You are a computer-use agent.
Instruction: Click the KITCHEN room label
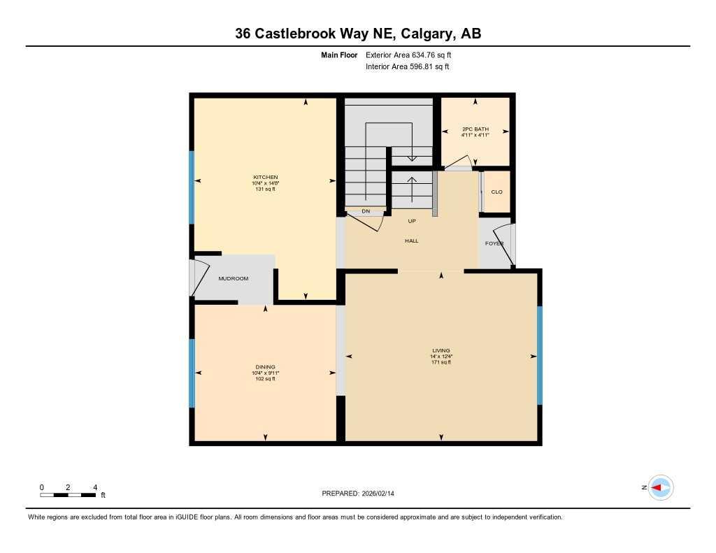[x=266, y=177]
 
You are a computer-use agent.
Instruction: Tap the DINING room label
[x=265, y=367]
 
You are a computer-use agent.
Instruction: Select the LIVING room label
[x=441, y=350]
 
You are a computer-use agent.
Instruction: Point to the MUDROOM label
[x=234, y=278]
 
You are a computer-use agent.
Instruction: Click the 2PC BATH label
[x=475, y=129]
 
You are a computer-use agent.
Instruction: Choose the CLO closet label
[x=496, y=192]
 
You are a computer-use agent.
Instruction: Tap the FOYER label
[x=495, y=243]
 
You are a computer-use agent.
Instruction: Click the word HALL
[x=411, y=240]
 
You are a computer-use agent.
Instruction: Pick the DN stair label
[x=366, y=211]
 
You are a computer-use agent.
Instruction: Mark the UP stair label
[x=412, y=221]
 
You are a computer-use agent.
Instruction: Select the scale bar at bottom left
[x=68, y=495]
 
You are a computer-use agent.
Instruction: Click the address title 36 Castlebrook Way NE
[x=357, y=34]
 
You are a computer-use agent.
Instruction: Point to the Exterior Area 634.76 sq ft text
[x=413, y=55]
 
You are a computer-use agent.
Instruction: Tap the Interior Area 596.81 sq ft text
[x=407, y=67]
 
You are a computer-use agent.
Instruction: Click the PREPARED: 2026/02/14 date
[x=362, y=494]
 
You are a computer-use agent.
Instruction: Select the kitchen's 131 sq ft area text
[x=266, y=189]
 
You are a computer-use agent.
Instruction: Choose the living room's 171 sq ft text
[x=441, y=362]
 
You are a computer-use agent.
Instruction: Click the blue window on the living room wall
[x=539, y=355]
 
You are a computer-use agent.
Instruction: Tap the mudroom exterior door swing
[x=196, y=277]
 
